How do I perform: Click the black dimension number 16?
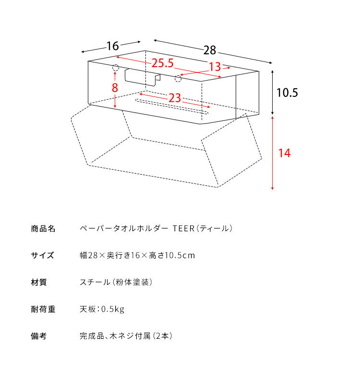click(113, 46)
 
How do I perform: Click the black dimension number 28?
click(210, 50)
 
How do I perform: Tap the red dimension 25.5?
click(163, 63)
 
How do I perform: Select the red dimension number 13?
click(215, 67)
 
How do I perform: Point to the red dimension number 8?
click(115, 88)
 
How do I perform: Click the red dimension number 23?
click(175, 98)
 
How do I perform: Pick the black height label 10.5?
click(287, 93)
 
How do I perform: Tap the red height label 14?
click(285, 153)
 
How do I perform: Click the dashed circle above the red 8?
click(115, 68)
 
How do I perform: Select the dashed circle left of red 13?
click(178, 79)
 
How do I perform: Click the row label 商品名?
click(43, 228)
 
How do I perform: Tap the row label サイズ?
click(42, 255)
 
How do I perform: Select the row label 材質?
click(39, 282)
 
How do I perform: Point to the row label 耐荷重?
click(43, 309)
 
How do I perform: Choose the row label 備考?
click(39, 336)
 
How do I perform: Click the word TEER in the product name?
click(183, 228)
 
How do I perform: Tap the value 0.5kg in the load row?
click(113, 309)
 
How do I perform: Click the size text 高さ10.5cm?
click(172, 255)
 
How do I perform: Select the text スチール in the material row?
click(95, 282)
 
